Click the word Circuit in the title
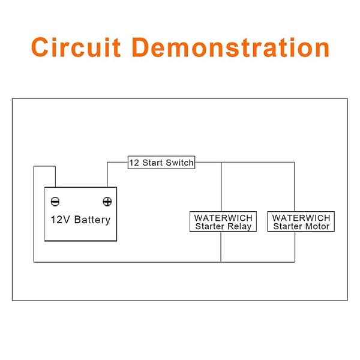click(76, 47)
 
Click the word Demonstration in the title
click(231, 47)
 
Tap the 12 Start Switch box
click(161, 163)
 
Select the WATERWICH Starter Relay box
click(223, 221)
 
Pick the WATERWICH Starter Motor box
click(301, 221)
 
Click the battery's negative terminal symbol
click(55, 202)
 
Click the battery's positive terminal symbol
click(107, 202)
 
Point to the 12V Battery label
click(80, 220)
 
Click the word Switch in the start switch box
click(179, 163)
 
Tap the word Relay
click(239, 227)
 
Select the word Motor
click(317, 226)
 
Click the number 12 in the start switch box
click(134, 163)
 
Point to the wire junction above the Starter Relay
click(221, 163)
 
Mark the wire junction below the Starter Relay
click(221, 262)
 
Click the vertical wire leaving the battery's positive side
click(107, 175)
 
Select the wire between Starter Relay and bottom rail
click(221, 247)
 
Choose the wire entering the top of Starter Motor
click(295, 187)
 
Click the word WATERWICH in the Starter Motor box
click(301, 218)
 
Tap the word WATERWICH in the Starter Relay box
click(223, 218)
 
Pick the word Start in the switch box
click(152, 163)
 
